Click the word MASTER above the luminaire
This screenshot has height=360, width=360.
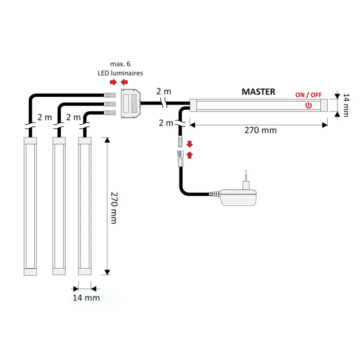[258, 92]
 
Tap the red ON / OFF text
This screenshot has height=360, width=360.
[308, 94]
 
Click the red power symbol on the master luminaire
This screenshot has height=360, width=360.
[308, 105]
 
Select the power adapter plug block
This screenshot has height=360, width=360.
[238, 198]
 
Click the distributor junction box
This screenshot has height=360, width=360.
[131, 104]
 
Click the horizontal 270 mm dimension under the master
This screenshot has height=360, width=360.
[261, 130]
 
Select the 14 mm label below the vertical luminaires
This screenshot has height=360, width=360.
[86, 298]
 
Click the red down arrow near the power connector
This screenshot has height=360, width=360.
[189, 144]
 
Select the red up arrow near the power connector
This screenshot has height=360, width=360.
[189, 155]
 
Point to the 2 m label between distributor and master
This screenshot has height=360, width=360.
[164, 91]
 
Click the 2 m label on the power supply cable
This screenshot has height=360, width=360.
[166, 122]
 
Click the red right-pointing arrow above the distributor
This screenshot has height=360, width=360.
[113, 82]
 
